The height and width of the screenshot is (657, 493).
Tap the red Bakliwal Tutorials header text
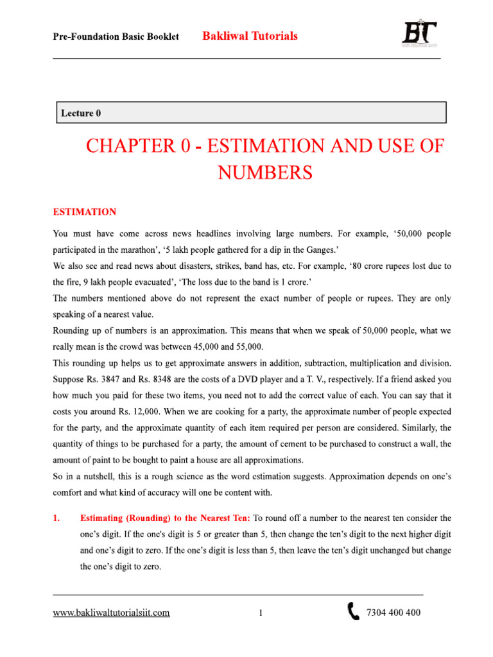[x=250, y=36]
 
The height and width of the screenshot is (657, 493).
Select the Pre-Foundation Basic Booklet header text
[x=116, y=37]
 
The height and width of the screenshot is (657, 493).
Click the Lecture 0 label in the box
[x=81, y=114]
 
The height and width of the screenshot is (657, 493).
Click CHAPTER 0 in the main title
[x=137, y=146]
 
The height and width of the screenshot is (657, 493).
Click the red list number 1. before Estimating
[x=56, y=517]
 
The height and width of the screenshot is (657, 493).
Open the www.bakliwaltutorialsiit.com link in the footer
[x=111, y=613]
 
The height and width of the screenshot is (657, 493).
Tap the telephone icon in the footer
[x=354, y=612]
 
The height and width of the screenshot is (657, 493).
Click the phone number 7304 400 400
[x=393, y=613]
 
